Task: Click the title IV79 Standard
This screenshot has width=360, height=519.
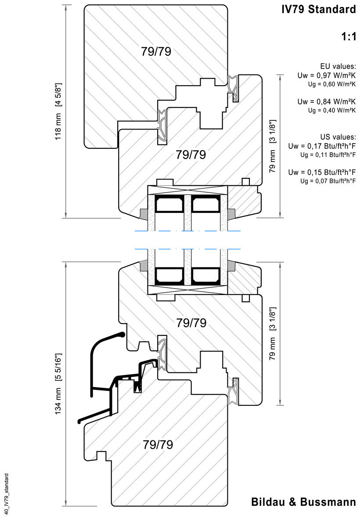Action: click(319, 10)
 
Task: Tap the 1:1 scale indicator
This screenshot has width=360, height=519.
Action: click(348, 37)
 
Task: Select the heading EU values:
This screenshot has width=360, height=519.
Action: click(338, 66)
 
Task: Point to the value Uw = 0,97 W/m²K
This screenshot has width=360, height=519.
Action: click(326, 76)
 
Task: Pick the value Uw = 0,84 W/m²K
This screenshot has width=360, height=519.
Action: click(326, 102)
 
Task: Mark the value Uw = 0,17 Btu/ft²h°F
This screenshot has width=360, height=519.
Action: click(322, 146)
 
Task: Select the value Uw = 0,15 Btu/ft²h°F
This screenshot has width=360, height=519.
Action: click(322, 172)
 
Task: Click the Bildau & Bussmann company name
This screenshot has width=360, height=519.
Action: click(303, 502)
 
